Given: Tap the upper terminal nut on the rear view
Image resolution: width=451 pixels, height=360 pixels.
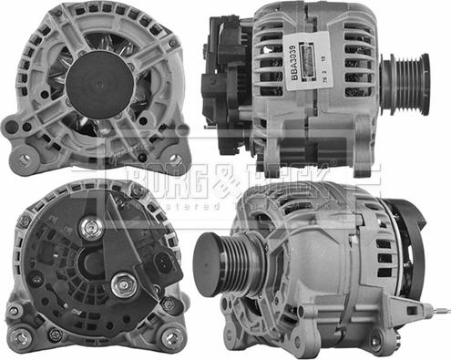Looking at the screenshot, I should coord(89,228).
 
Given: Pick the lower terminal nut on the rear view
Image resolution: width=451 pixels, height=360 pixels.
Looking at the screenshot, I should coord(123,284).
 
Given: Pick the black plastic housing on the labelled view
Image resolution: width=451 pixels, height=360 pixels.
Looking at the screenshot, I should coord(220,91).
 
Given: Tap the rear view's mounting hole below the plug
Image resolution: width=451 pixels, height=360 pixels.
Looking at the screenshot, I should coord(170,303).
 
